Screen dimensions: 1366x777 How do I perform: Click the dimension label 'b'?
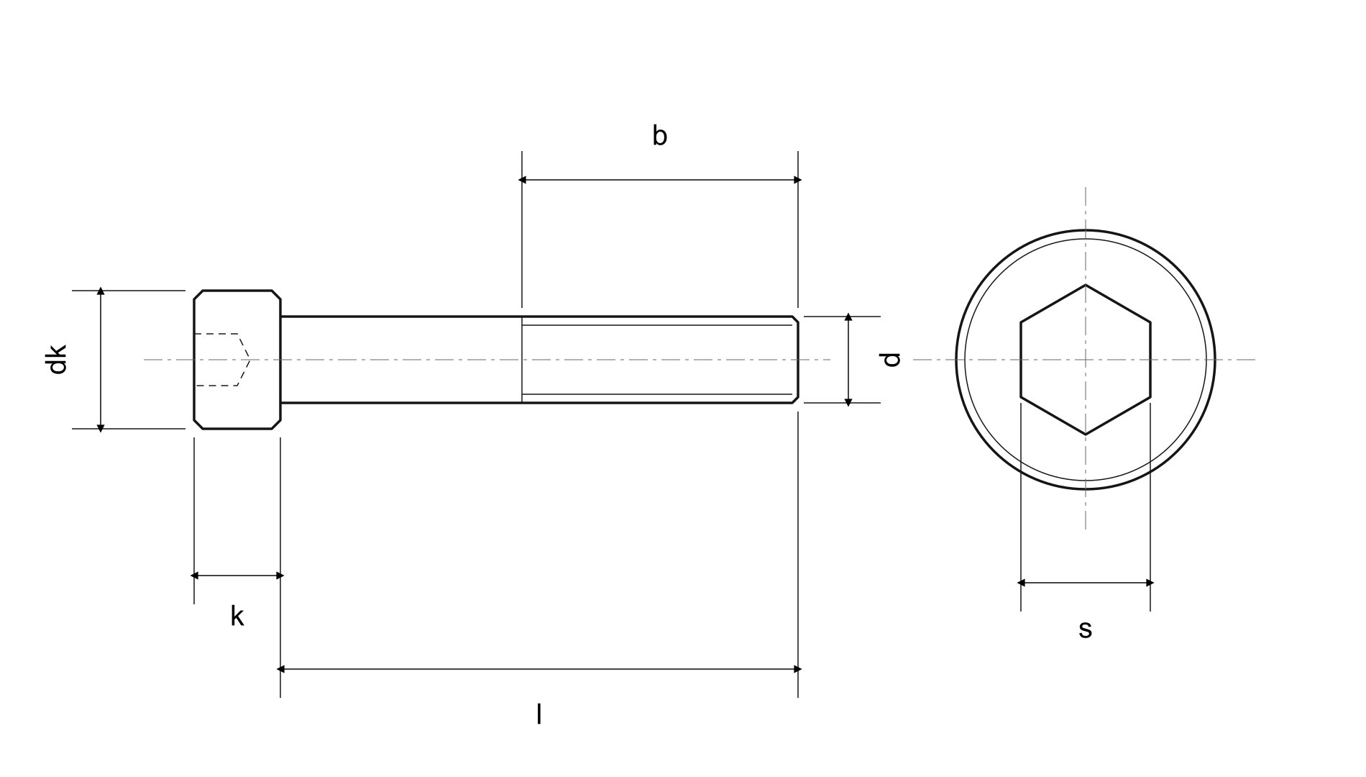[x=659, y=135]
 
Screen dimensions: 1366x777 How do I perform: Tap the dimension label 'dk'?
[x=57, y=360]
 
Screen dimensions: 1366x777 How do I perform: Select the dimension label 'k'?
[x=237, y=616]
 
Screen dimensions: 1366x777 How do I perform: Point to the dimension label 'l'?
[x=539, y=714]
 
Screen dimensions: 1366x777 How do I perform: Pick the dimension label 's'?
[x=1085, y=629]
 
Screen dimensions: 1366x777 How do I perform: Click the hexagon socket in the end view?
[x=1086, y=360]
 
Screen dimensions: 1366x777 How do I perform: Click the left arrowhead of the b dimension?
[x=523, y=180]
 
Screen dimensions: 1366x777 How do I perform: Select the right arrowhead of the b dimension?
[x=797, y=180]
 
